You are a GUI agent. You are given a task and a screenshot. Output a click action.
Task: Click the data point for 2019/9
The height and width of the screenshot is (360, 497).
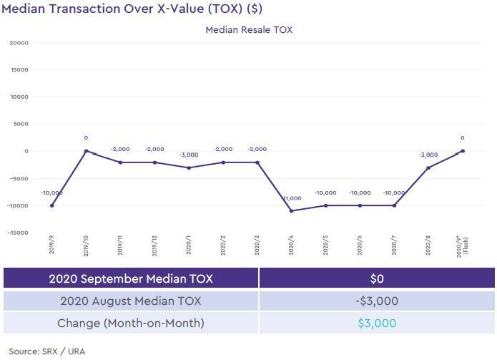pos(51,205)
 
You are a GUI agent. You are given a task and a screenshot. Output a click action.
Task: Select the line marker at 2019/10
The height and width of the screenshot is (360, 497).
pos(86,151)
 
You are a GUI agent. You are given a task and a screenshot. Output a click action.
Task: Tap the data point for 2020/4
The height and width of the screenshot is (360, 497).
pos(292,211)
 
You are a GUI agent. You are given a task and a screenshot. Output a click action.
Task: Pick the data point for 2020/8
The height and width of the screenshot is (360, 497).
pos(428,168)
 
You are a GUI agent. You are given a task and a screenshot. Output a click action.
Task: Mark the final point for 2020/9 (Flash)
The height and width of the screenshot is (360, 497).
pos(463,151)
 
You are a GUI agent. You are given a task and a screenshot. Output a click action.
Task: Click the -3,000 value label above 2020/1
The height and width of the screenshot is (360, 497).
pos(189,155)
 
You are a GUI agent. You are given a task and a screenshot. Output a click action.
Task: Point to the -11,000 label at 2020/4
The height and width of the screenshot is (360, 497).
pos(292,198)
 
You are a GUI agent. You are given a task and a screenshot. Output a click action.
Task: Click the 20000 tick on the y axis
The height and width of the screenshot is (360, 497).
pos(19,43)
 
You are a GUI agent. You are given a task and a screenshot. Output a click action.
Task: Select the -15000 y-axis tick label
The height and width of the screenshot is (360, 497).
pos(18,233)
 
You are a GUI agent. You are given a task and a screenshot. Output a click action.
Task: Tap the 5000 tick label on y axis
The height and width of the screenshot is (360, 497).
pos(21,124)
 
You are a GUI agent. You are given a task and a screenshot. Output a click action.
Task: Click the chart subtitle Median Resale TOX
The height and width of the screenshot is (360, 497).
pos(249,30)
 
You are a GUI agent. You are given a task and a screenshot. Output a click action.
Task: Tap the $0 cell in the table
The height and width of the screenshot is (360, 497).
pos(376,278)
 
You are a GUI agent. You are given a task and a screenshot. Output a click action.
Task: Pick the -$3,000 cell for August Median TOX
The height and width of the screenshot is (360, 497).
pos(376,301)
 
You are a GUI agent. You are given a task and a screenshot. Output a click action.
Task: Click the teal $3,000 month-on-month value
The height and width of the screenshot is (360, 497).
pos(376,323)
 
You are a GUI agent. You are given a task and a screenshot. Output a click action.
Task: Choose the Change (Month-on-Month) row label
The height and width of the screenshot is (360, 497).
pos(131,323)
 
